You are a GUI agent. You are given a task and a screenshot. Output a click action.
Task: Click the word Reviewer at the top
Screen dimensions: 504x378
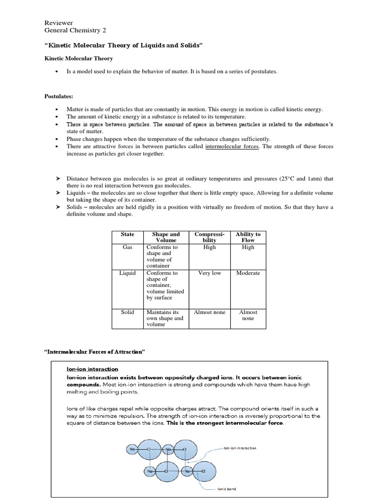(59, 23)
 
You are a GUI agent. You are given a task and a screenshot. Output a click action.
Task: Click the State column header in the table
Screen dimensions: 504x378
(127, 234)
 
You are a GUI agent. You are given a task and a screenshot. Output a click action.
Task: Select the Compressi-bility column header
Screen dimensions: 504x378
(209, 237)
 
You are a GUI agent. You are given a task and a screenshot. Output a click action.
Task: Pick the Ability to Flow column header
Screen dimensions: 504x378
(248, 237)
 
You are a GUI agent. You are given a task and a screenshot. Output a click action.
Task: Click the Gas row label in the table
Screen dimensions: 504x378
(127, 247)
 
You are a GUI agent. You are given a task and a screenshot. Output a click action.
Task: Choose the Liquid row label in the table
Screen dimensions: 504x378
(127, 273)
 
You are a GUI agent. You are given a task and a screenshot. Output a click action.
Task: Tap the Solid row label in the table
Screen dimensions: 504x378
(127, 312)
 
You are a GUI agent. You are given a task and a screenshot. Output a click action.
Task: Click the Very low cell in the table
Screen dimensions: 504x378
(209, 273)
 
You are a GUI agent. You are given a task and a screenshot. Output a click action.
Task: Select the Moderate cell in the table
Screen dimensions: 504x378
(248, 273)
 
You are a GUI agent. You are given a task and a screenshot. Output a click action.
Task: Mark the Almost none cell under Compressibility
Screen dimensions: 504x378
(209, 312)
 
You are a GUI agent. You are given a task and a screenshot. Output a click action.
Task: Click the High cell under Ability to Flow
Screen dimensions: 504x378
(248, 247)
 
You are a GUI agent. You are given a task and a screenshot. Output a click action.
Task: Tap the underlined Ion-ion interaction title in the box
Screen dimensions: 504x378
(92, 369)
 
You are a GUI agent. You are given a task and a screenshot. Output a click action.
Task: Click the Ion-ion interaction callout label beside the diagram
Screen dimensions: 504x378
(240, 448)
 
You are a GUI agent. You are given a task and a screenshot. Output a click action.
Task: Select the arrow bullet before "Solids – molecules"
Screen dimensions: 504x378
(58, 207)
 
